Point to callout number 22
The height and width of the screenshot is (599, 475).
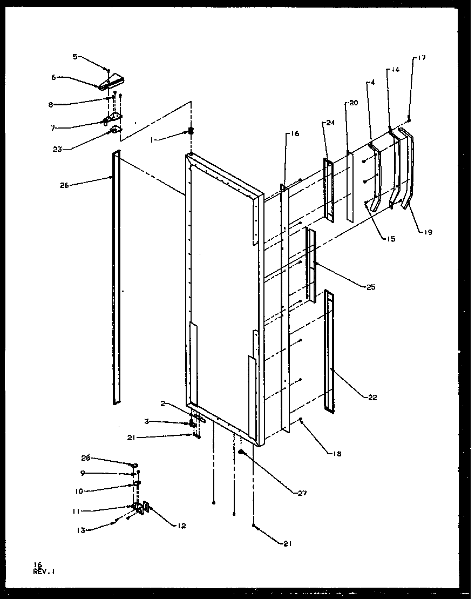372,398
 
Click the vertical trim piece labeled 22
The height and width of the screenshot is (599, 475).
329,351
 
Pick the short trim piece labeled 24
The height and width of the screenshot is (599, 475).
328,189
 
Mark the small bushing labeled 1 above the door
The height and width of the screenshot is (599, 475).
191,131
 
